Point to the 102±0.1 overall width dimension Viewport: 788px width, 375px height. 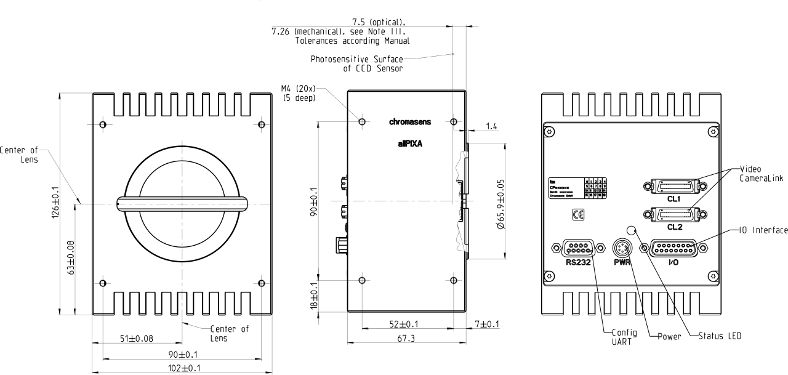coord(182,368)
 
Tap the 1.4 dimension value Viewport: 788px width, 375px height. coord(491,126)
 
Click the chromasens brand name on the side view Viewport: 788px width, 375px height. coord(414,122)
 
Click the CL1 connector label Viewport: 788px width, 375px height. coord(672,199)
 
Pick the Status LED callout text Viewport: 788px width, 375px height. coord(720,336)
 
